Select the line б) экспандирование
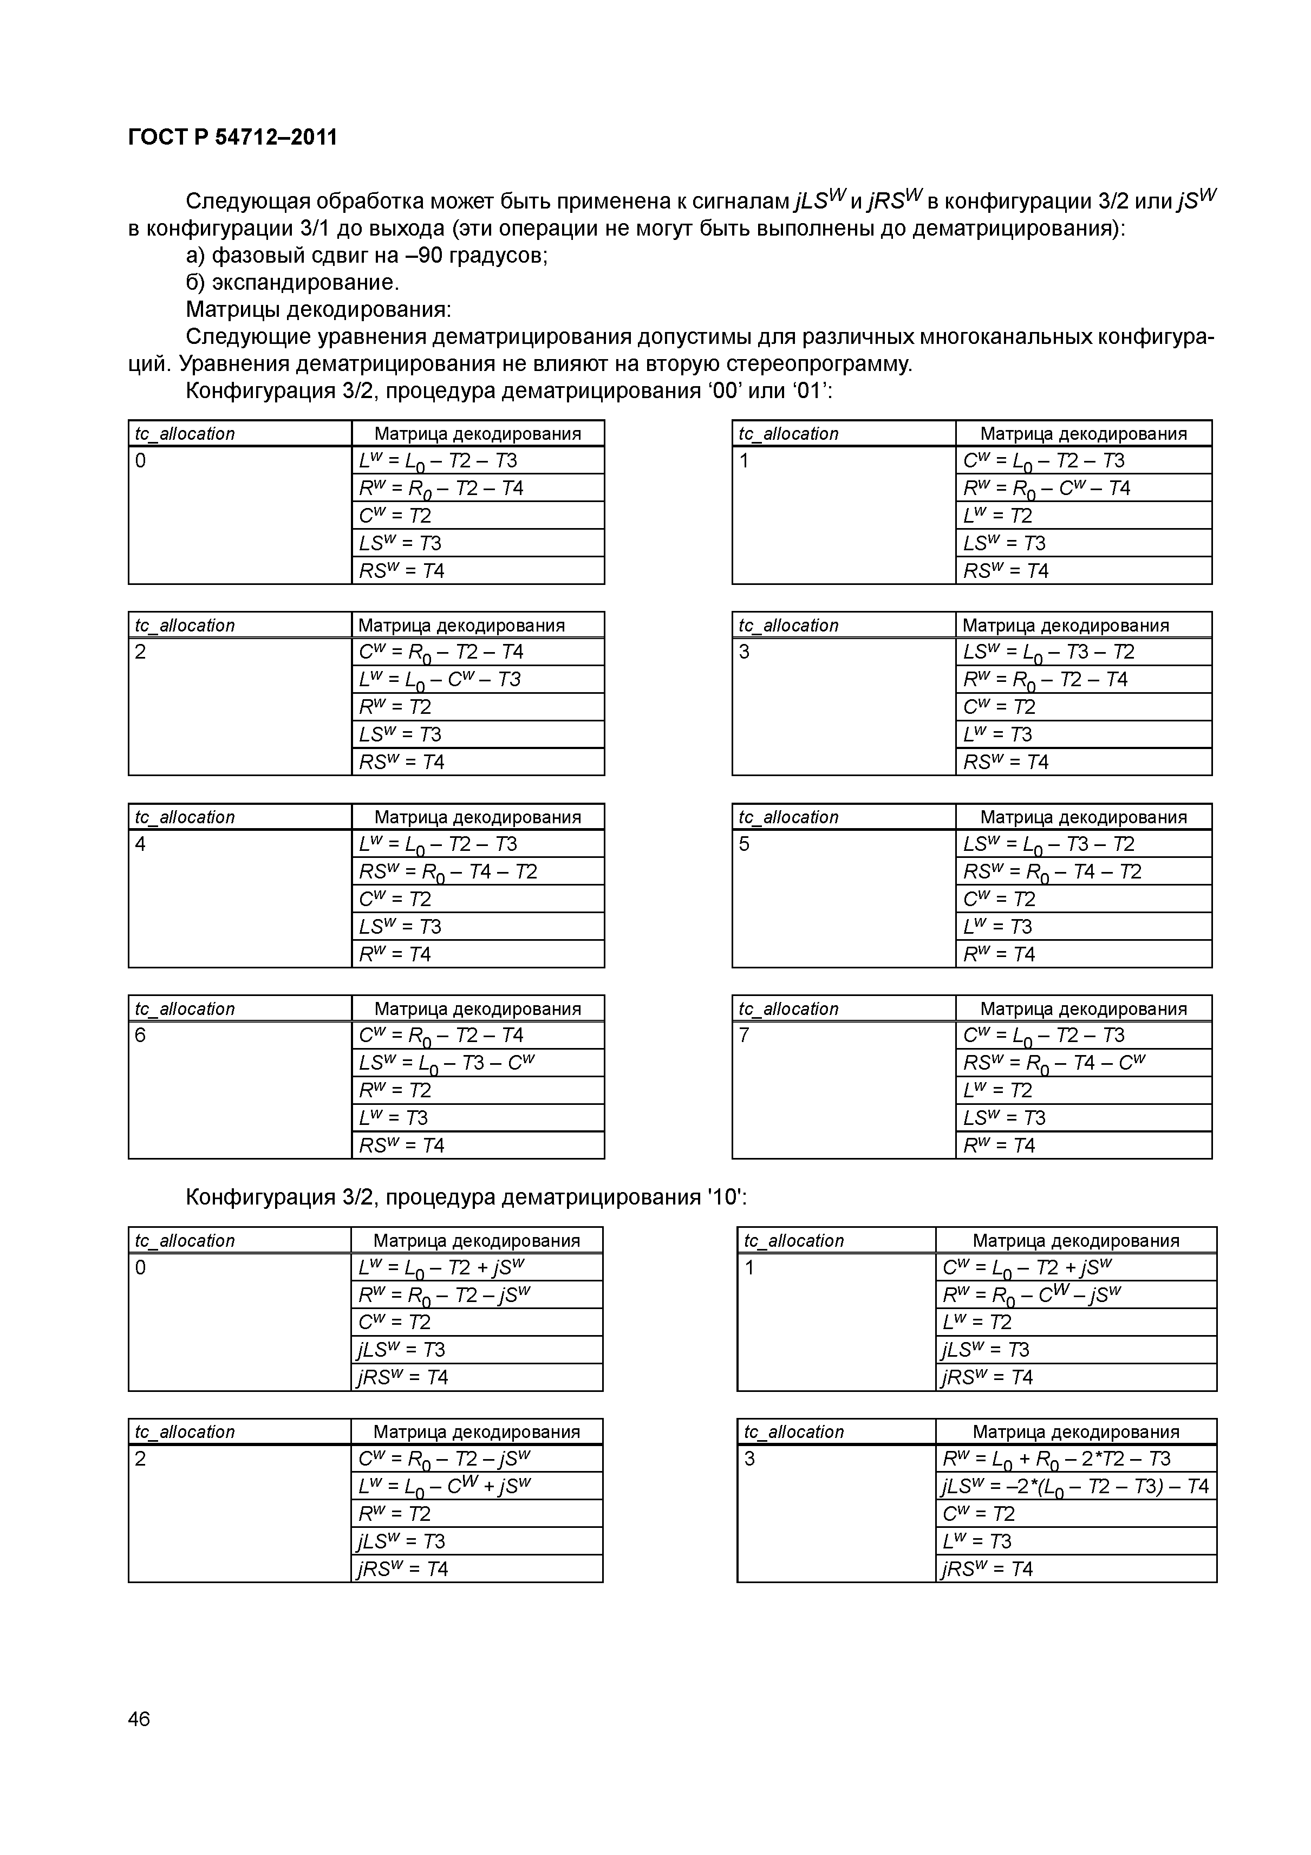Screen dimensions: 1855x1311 point(292,283)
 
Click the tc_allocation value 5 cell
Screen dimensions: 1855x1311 point(843,899)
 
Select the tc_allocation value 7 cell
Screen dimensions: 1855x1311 point(843,1090)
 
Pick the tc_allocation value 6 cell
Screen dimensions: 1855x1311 point(240,1090)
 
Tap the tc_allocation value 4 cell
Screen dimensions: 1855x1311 point(240,899)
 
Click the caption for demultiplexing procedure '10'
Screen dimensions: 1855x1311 point(466,1197)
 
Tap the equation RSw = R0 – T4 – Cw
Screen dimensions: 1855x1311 point(1053,1063)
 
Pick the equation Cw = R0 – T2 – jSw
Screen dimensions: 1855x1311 point(443,1459)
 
